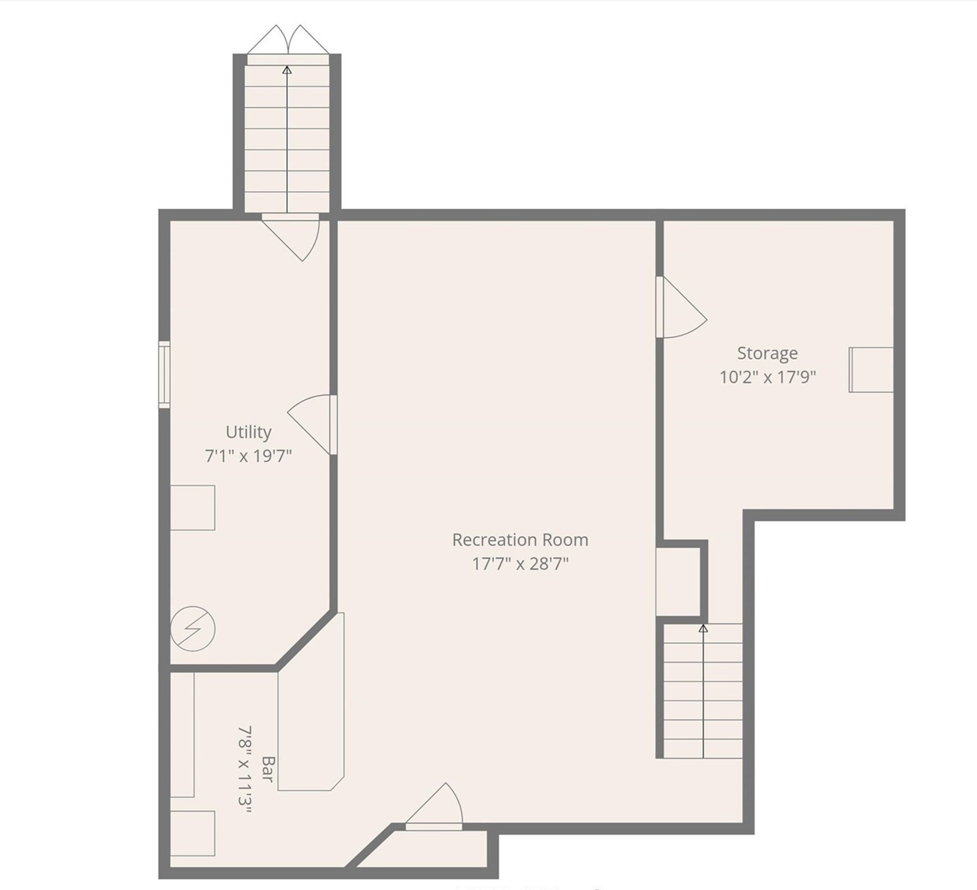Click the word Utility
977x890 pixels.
(x=248, y=432)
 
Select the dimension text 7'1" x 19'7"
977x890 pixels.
(x=248, y=456)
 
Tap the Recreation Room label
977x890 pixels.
(x=520, y=540)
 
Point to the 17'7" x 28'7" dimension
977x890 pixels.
(x=520, y=564)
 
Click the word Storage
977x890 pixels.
(x=767, y=353)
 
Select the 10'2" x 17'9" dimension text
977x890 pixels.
(x=767, y=377)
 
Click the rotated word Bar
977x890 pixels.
(x=267, y=768)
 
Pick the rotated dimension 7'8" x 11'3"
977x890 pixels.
(x=245, y=770)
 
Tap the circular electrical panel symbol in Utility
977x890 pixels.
(x=192, y=629)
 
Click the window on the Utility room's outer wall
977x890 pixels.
(x=165, y=374)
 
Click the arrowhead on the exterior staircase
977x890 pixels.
(x=287, y=70)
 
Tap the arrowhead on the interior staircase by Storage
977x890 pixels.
(x=703, y=628)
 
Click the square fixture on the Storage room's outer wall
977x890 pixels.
(x=871, y=370)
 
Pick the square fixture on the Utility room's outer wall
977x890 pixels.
(x=192, y=508)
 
